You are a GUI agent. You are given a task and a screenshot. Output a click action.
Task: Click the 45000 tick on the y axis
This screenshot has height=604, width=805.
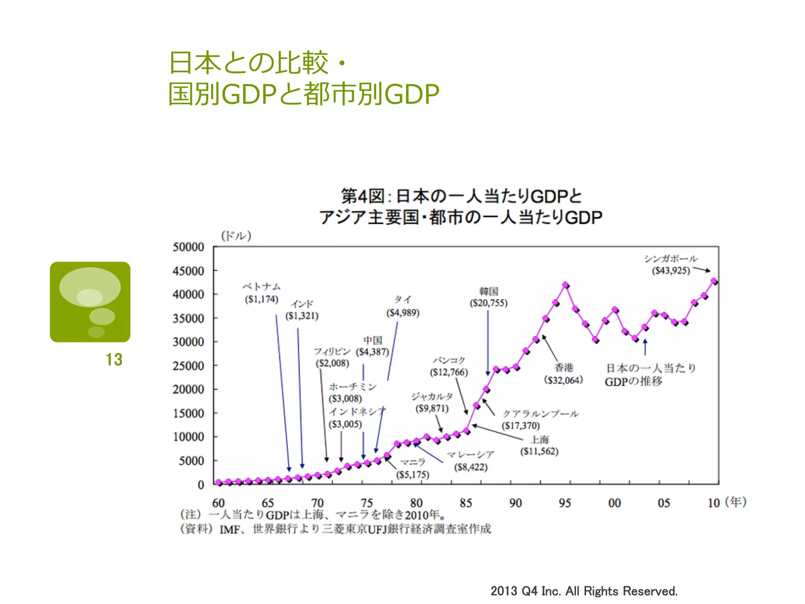[188, 271]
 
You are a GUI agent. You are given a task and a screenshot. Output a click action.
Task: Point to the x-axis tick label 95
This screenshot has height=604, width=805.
[565, 503]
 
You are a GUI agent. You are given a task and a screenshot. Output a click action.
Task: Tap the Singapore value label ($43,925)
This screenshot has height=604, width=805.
[671, 271]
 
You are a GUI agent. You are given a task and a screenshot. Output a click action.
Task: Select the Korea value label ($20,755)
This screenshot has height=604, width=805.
[489, 303]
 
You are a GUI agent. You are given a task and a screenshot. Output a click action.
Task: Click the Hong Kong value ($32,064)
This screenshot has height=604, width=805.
[563, 380]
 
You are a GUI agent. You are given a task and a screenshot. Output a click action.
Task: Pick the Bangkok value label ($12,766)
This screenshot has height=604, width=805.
[449, 372]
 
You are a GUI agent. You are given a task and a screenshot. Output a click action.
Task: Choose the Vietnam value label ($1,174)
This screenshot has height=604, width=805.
[261, 299]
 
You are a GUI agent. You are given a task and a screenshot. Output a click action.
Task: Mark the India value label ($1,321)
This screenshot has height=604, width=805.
[302, 316]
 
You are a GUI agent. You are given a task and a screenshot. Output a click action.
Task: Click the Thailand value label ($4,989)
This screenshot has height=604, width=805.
[403, 313]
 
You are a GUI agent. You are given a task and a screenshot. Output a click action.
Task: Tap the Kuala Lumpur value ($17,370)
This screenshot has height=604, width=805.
[521, 425]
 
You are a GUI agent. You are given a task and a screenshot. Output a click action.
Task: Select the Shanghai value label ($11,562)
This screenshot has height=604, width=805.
[539, 451]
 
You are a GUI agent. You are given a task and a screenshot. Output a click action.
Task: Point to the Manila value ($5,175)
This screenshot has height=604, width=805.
[412, 475]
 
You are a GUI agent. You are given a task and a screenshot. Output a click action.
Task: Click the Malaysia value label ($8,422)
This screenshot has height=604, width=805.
[471, 467]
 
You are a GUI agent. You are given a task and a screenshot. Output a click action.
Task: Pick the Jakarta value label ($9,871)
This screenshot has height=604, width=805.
[432, 409]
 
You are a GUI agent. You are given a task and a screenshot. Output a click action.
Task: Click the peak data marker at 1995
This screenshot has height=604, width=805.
[566, 285]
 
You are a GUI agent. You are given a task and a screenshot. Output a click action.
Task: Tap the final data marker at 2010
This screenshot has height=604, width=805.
[714, 281]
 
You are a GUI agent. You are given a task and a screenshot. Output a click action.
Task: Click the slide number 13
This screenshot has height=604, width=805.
[114, 359]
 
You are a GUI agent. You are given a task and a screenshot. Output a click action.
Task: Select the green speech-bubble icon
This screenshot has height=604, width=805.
[90, 302]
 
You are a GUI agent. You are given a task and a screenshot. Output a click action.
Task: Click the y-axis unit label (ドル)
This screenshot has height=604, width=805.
[236, 236]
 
